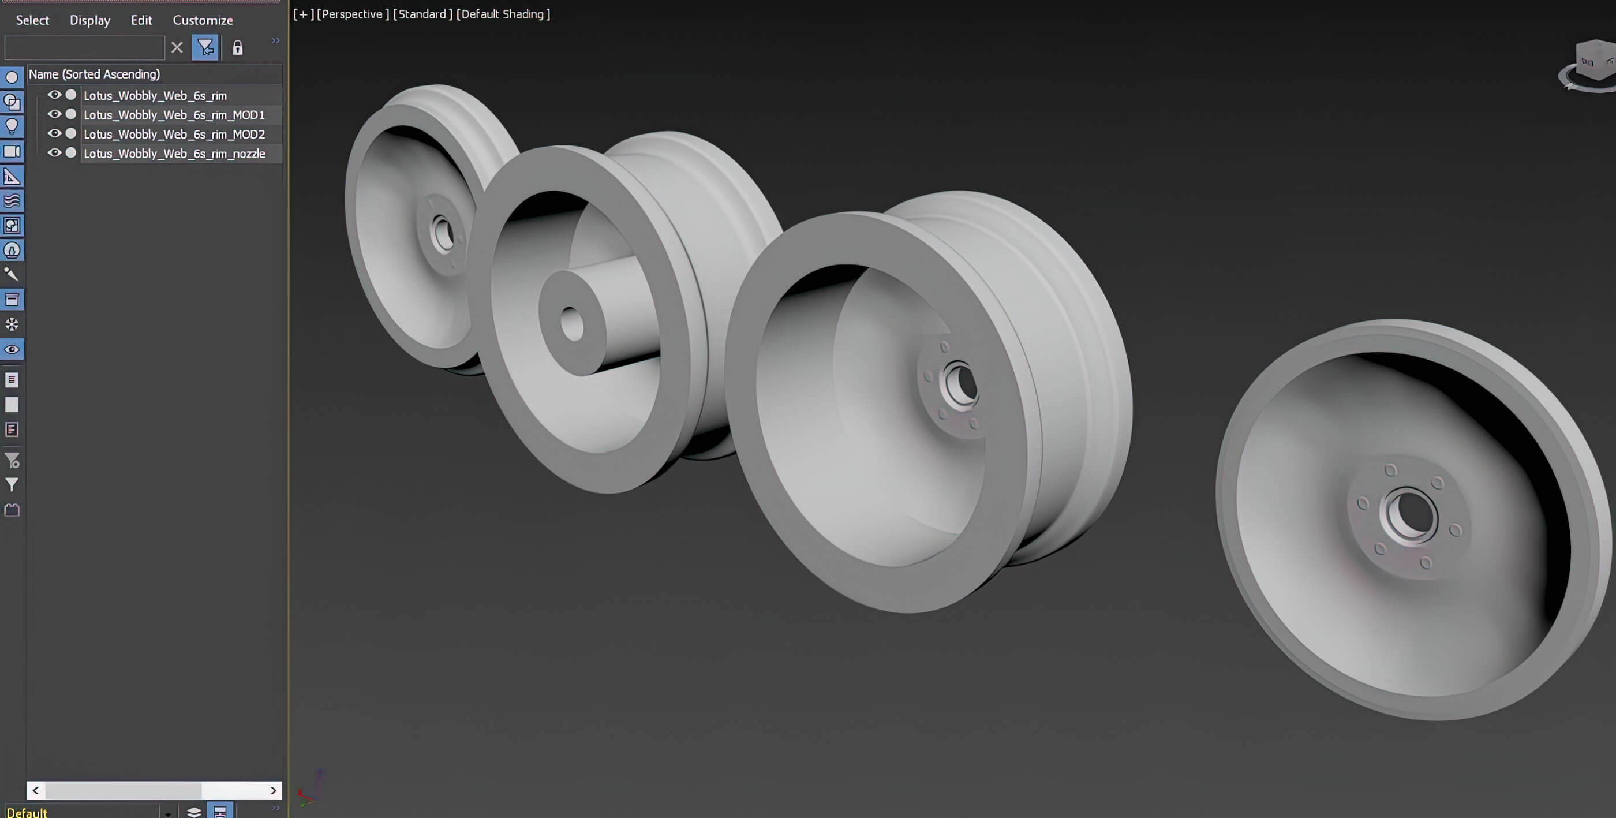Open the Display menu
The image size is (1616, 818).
tap(89, 20)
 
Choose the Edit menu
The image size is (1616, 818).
tap(141, 20)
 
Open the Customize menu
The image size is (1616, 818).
tap(203, 20)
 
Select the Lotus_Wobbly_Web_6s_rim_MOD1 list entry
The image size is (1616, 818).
tap(174, 115)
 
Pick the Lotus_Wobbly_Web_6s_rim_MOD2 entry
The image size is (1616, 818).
tap(174, 135)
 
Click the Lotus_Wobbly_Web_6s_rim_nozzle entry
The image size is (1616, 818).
tap(174, 154)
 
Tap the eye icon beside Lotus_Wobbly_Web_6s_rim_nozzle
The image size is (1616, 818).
tap(55, 153)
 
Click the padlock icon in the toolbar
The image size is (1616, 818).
tap(237, 48)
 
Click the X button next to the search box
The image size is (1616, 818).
tap(177, 48)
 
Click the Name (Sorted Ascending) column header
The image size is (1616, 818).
tap(94, 74)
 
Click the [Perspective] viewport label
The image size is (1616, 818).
tap(353, 14)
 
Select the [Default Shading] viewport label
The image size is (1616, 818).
tap(503, 14)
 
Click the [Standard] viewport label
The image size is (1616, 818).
tap(422, 14)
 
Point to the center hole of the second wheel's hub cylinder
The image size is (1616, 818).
tap(571, 324)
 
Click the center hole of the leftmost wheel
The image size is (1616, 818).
tap(442, 233)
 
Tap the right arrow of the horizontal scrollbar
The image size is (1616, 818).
tap(273, 790)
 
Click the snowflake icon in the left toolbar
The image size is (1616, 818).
tap(12, 324)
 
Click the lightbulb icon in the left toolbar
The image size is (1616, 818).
tap(12, 126)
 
